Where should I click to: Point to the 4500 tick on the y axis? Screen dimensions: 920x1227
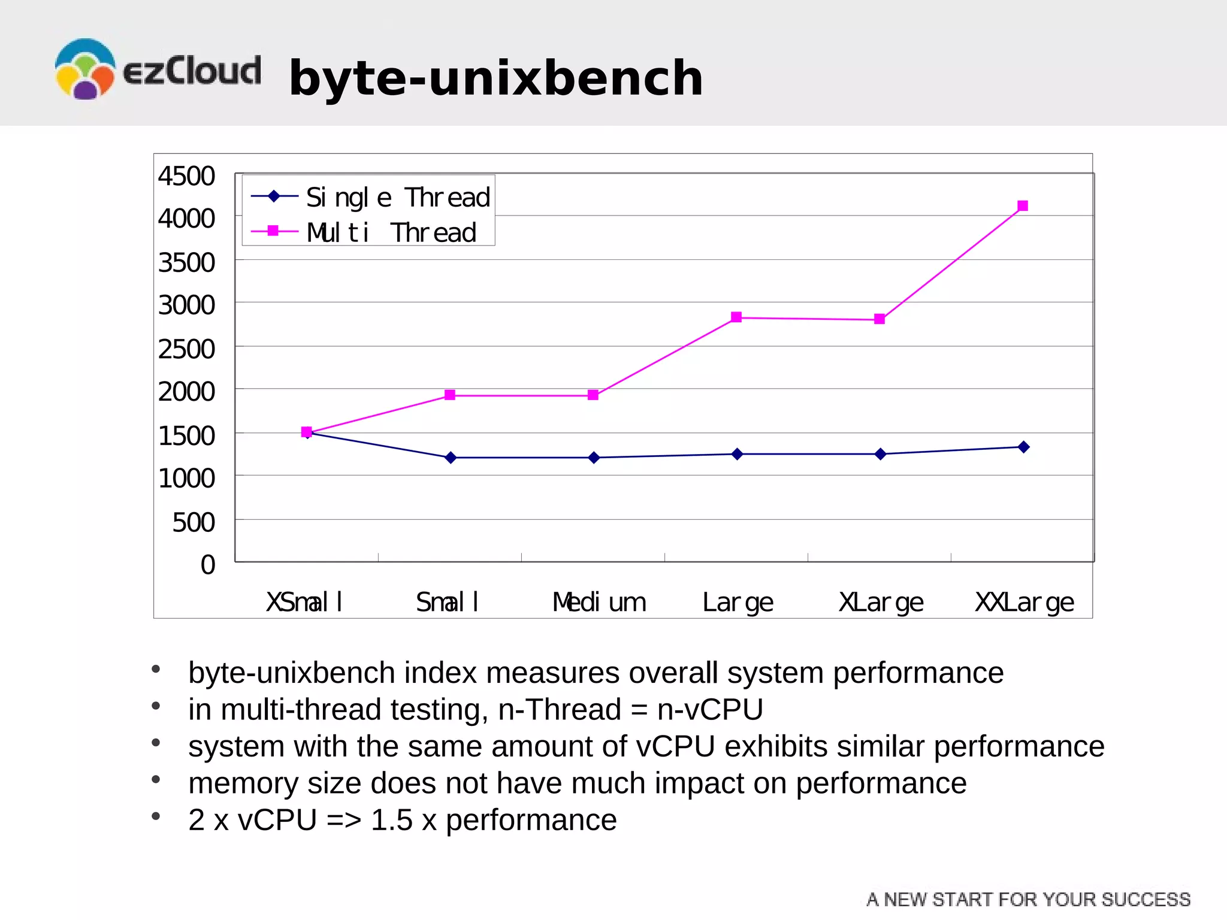186,176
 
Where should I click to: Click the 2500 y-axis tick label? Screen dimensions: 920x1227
186,349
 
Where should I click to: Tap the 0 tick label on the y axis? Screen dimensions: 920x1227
207,565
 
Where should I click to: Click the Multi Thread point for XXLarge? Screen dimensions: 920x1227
1023,206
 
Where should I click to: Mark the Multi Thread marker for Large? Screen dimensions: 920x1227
736,317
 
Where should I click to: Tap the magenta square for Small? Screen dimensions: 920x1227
450,395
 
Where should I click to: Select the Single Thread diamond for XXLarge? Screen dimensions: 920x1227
1023,447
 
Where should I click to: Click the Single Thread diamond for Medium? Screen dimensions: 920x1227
594,458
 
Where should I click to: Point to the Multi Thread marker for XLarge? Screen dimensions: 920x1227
880,319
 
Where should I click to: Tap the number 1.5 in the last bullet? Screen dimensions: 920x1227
392,820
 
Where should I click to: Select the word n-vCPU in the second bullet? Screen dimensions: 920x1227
710,710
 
